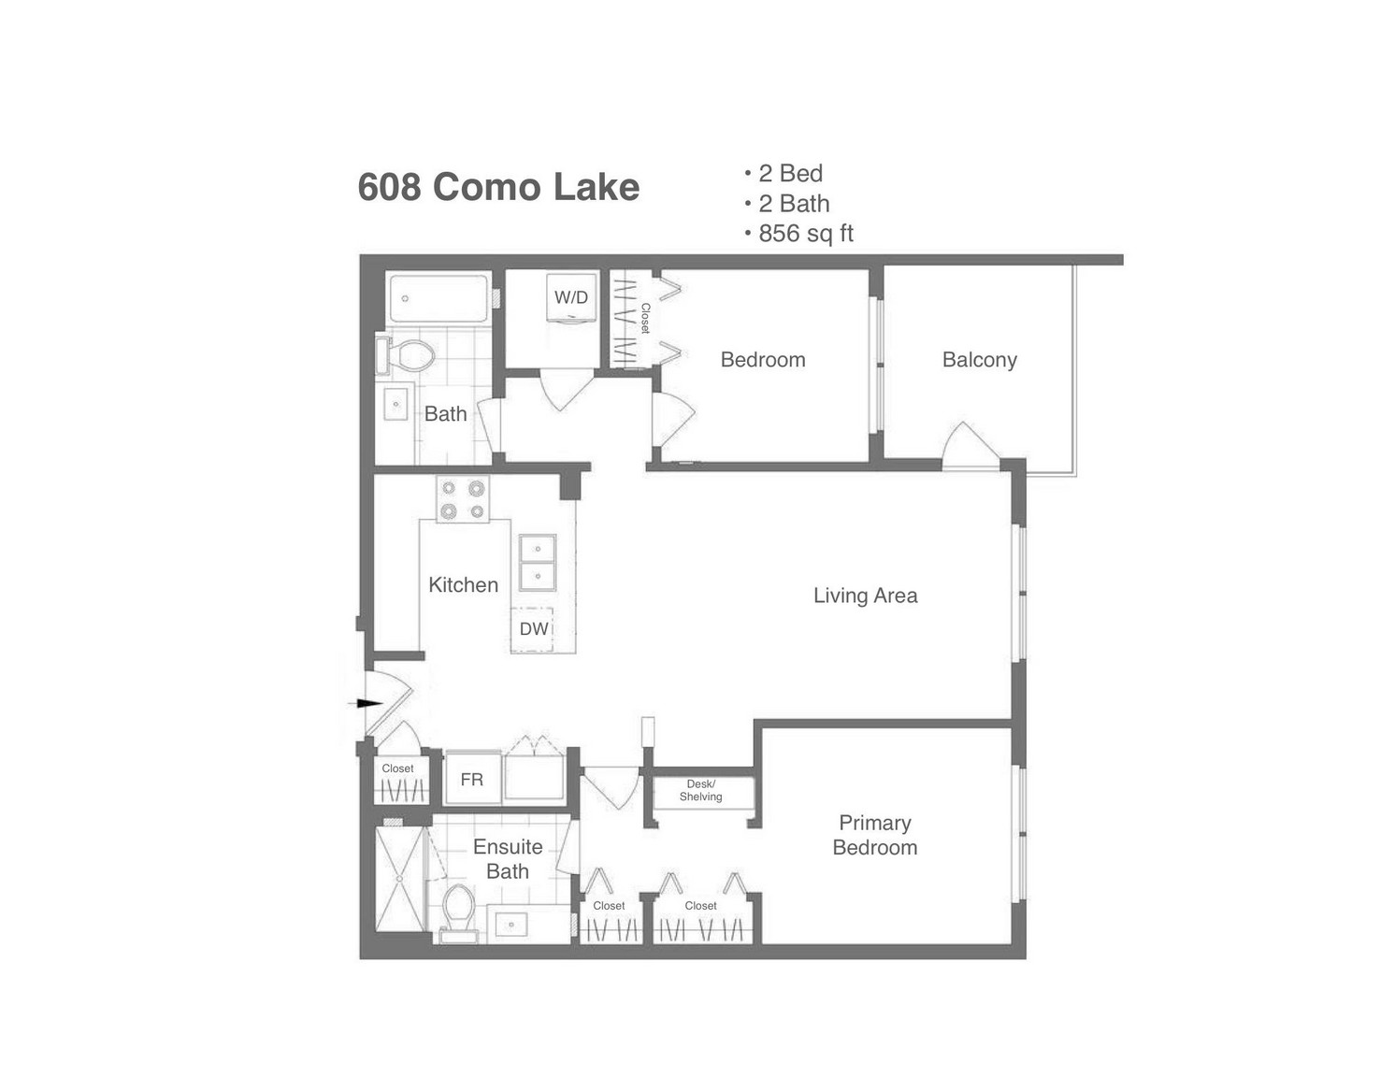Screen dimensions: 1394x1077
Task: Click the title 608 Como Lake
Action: tap(498, 187)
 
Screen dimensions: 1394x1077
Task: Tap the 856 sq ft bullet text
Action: tap(806, 234)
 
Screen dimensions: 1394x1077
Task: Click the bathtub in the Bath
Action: tap(438, 299)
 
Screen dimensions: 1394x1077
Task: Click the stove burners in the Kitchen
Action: tap(463, 499)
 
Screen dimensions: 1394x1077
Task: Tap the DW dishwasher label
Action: tap(534, 629)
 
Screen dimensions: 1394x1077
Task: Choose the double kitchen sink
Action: tap(538, 563)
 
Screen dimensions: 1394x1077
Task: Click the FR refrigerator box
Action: tap(473, 780)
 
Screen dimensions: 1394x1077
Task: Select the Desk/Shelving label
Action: tap(700, 790)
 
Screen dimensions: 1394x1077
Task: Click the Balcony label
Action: tap(980, 360)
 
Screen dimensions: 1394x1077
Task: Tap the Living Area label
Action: tap(866, 596)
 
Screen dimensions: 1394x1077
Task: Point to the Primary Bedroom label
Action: tap(875, 835)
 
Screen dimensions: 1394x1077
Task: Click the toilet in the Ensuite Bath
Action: tap(458, 912)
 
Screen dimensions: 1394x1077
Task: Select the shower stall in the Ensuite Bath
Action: tap(399, 880)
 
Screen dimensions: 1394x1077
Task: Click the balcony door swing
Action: tap(970, 446)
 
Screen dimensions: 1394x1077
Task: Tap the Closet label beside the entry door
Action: tap(397, 768)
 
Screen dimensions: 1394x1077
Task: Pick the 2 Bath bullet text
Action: tap(794, 204)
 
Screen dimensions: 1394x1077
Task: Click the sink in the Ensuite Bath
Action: tap(510, 925)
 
